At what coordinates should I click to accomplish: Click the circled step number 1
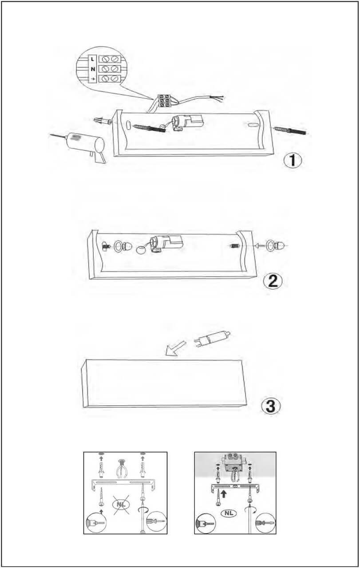coord(293,160)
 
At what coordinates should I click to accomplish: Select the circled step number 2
coord(273,281)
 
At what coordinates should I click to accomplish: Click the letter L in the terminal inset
coord(92,59)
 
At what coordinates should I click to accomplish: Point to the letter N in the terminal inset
coord(93,69)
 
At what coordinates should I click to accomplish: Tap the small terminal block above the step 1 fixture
coord(164,100)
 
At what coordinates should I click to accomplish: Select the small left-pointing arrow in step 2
coord(260,245)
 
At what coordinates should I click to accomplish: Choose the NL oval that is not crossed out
coord(229,506)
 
